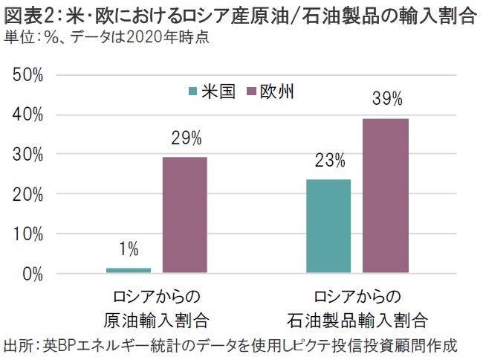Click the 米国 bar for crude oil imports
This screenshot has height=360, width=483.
coord(129,270)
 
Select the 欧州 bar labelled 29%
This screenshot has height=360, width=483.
coord(184,215)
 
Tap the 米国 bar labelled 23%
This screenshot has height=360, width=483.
coord(328,226)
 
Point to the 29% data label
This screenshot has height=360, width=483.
coord(185,138)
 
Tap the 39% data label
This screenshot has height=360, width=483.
coord(386,100)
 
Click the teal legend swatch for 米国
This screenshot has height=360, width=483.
coord(193,92)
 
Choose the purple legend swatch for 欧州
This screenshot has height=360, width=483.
coord(251,92)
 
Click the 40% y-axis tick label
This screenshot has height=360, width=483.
coord(27,115)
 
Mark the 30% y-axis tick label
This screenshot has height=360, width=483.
coord(27,155)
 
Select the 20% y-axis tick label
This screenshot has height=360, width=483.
coord(27,194)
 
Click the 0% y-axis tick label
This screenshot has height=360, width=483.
coord(31,274)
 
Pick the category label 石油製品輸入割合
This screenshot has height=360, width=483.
coord(357,321)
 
